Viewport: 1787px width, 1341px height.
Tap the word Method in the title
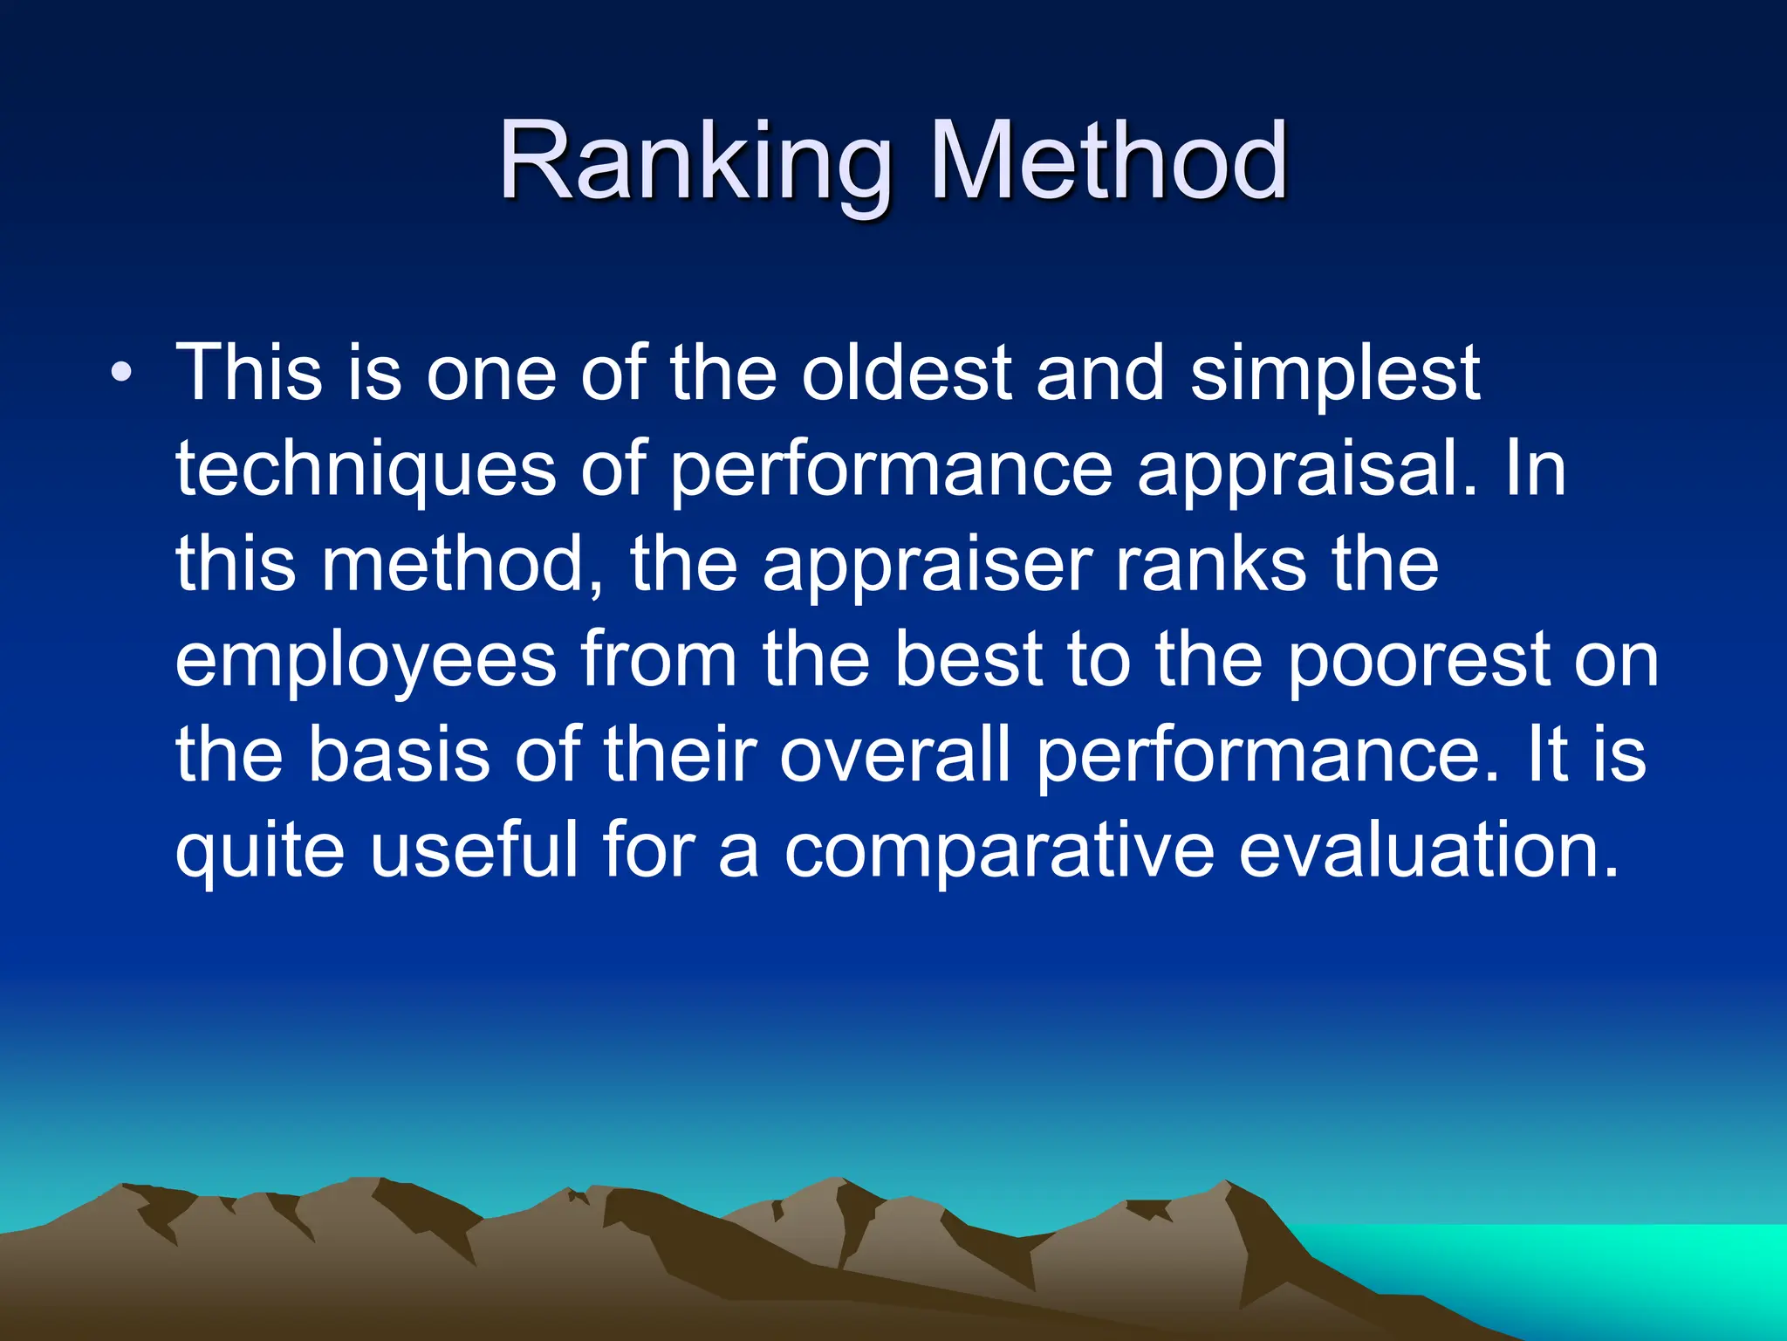[1108, 163]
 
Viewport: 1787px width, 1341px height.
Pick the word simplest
[1335, 374]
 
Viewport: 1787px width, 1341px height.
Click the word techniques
[366, 470]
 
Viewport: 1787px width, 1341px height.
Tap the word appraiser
[928, 565]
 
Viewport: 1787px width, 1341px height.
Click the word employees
[366, 662]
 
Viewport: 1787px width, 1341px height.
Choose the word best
[969, 660]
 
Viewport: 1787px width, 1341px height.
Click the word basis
[399, 755]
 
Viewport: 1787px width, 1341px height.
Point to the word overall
[894, 755]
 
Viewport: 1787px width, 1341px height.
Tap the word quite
[260, 851]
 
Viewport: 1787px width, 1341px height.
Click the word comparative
[998, 851]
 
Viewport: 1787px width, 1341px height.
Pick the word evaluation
[1428, 851]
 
